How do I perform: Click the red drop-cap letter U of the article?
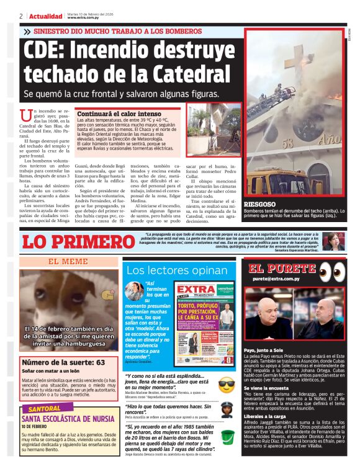(x=25, y=114)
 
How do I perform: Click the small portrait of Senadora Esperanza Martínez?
(x=333, y=241)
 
